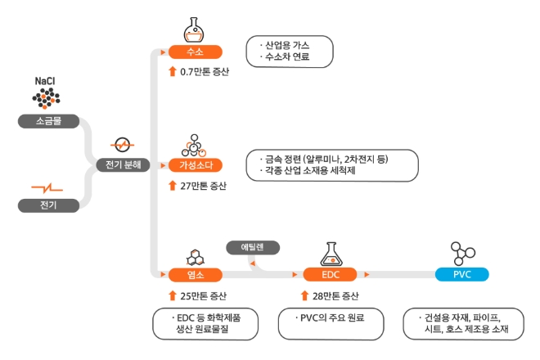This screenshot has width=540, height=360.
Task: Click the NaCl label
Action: click(46, 82)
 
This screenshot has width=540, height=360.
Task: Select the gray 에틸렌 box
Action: click(254, 246)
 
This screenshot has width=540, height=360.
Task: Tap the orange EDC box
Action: click(331, 274)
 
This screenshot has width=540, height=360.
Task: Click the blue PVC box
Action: click(462, 274)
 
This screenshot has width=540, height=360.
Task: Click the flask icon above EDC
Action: click(331, 252)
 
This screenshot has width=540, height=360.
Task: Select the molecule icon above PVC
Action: click(462, 252)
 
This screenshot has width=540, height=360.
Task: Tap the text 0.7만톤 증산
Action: click(205, 72)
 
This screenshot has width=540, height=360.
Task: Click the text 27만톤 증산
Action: click(205, 185)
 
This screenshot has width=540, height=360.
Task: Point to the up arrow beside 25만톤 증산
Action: click(172, 295)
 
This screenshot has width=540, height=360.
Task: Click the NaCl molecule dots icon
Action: click(47, 99)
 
